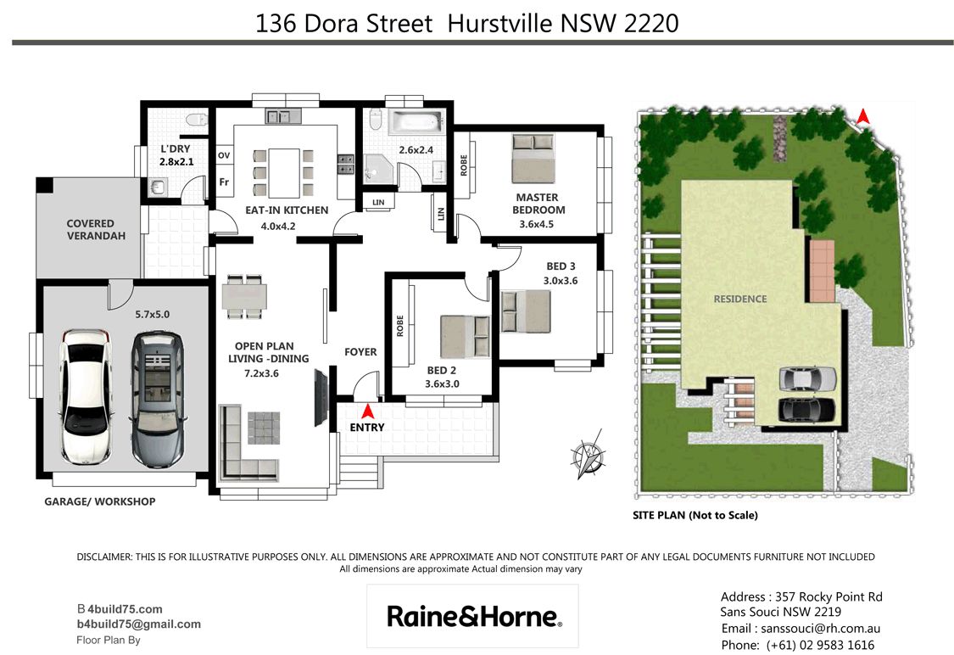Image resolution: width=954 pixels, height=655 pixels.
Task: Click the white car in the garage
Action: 85,397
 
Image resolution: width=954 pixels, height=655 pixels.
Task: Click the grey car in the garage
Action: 158,399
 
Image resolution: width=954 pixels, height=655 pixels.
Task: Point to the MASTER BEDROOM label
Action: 538,204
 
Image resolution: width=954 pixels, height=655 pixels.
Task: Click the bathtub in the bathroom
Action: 416,121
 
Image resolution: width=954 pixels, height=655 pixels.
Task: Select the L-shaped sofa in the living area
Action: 248,441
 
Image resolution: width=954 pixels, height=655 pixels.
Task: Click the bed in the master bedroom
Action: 533,159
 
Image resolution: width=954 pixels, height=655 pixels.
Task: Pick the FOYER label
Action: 360,352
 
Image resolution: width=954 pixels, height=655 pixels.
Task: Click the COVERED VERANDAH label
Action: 96,229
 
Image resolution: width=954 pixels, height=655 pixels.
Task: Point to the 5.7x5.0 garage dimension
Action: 152,314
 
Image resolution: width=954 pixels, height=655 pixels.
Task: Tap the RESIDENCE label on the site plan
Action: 739,299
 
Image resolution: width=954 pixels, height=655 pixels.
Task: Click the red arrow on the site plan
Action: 862,115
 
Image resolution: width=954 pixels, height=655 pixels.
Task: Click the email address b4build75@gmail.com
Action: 139,624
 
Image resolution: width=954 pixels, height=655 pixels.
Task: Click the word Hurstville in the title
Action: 500,24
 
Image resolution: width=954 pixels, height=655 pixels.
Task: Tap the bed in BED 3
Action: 526,311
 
